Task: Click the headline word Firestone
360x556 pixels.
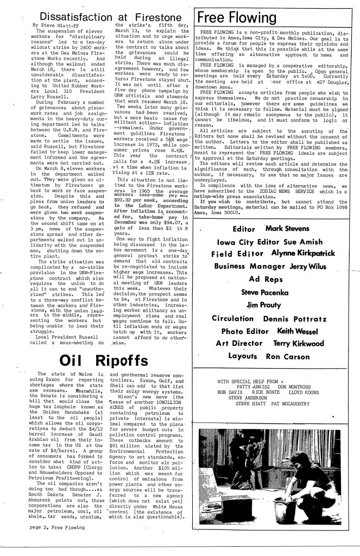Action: pos(153,11)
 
